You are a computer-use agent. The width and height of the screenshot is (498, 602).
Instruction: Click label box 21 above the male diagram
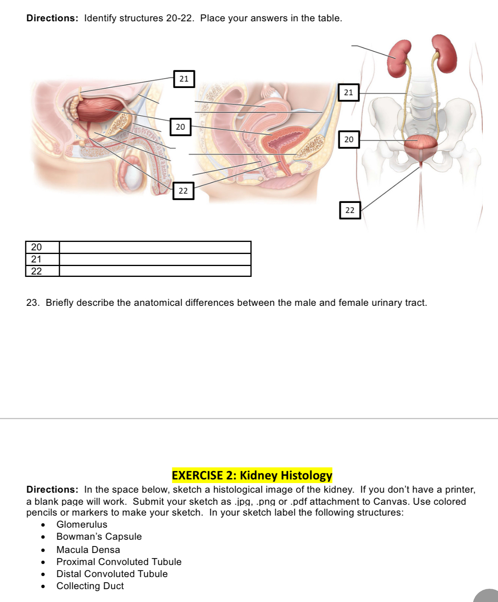184,79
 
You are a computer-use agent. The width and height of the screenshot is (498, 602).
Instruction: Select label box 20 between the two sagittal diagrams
180,127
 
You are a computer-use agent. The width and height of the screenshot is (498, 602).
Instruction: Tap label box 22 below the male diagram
183,190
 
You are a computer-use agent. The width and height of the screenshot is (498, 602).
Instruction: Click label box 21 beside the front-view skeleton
349,92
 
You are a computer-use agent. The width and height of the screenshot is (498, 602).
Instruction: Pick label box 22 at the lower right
350,210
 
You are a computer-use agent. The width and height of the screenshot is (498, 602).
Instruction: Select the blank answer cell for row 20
155,247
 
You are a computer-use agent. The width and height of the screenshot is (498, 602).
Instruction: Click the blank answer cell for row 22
155,271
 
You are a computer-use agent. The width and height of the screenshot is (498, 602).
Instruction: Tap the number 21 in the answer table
37,259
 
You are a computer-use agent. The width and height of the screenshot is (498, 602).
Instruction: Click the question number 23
32,303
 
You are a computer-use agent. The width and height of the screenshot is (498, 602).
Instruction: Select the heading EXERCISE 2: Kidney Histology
252,475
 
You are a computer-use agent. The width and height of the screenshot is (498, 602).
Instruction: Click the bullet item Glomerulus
82,524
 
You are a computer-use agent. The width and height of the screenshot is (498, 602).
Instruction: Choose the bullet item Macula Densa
88,549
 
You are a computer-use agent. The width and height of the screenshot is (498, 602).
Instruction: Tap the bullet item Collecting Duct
90,586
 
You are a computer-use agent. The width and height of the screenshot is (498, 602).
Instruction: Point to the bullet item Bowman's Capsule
99,536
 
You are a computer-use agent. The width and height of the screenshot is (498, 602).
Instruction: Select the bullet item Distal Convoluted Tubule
112,574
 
